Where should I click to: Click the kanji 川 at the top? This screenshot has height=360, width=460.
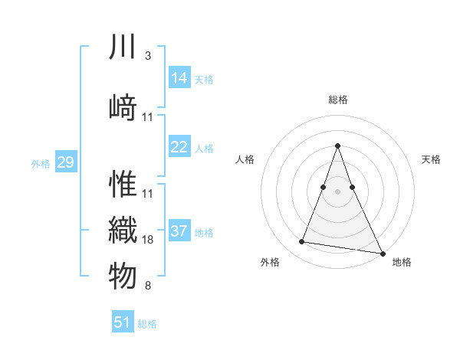(123, 48)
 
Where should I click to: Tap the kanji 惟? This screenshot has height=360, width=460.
(123, 184)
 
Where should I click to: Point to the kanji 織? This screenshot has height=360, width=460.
(123, 230)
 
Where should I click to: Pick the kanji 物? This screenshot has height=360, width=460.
(123, 277)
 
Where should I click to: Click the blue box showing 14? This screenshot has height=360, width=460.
(179, 77)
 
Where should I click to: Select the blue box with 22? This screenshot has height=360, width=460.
(179, 147)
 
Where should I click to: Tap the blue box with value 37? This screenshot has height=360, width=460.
(179, 231)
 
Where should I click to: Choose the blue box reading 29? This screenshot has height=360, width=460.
(65, 162)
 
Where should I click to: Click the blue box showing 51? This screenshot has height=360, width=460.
(123, 322)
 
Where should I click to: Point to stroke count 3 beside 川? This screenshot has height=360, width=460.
(147, 55)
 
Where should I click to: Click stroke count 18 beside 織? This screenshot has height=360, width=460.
(148, 240)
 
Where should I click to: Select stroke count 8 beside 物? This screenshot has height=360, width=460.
(147, 286)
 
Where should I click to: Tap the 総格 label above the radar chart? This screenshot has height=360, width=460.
(338, 100)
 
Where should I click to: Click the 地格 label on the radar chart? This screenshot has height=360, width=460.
(402, 262)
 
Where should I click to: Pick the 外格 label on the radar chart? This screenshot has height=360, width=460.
(270, 262)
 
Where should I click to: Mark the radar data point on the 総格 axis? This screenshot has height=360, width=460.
(338, 146)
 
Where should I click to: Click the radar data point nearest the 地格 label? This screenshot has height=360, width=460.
(381, 252)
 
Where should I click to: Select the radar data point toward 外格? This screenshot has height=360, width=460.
(301, 242)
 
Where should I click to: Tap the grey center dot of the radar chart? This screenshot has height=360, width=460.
(338, 191)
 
